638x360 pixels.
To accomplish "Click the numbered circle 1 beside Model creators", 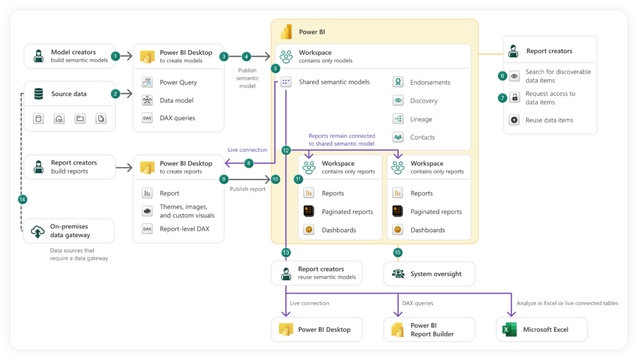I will [x=115, y=56].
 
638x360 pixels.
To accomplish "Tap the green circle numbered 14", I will [x=23, y=199].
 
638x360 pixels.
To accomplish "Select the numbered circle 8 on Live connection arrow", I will [x=249, y=163].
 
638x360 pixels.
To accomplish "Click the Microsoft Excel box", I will [x=542, y=329].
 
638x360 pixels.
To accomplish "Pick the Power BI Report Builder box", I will [x=429, y=329].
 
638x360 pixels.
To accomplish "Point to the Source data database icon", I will [x=39, y=94].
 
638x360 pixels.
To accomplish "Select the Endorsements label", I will [x=430, y=82].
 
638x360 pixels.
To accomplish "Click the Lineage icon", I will [x=398, y=119].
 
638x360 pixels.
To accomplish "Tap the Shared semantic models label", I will [x=333, y=82].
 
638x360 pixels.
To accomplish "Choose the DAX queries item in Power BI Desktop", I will [x=177, y=118].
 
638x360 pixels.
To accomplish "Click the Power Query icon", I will [x=148, y=82].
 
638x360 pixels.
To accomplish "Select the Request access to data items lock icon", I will [x=515, y=98].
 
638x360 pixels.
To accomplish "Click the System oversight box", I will [x=429, y=273].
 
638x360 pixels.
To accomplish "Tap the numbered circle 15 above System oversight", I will [x=398, y=252].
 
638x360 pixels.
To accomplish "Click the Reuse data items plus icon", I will [x=515, y=120].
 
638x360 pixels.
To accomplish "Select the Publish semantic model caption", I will [x=247, y=78].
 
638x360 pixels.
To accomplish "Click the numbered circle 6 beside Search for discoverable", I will [x=502, y=76].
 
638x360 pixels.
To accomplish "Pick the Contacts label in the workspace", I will [x=422, y=137].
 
